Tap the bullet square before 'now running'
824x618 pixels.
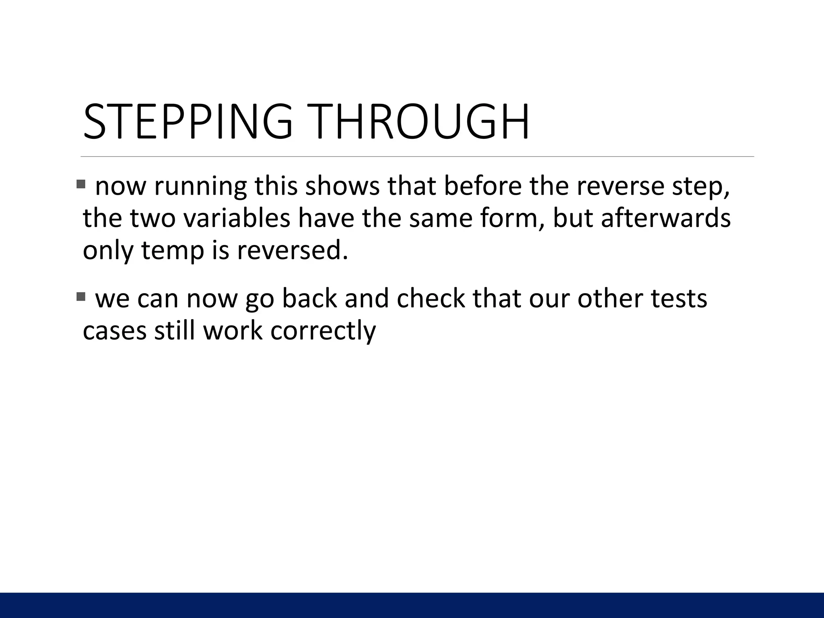[81, 184]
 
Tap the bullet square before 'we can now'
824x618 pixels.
[81, 297]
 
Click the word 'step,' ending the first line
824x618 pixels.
[700, 188]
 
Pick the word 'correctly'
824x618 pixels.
[323, 332]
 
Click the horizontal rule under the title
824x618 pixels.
[417, 157]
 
